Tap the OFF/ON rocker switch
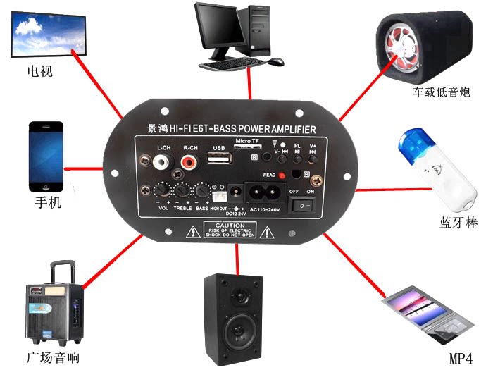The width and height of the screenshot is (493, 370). (x=304, y=204)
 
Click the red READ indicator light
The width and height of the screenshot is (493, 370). (x=282, y=175)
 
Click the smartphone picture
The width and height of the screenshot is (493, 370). (x=46, y=156)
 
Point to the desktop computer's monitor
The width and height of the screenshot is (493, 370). (x=221, y=30)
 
